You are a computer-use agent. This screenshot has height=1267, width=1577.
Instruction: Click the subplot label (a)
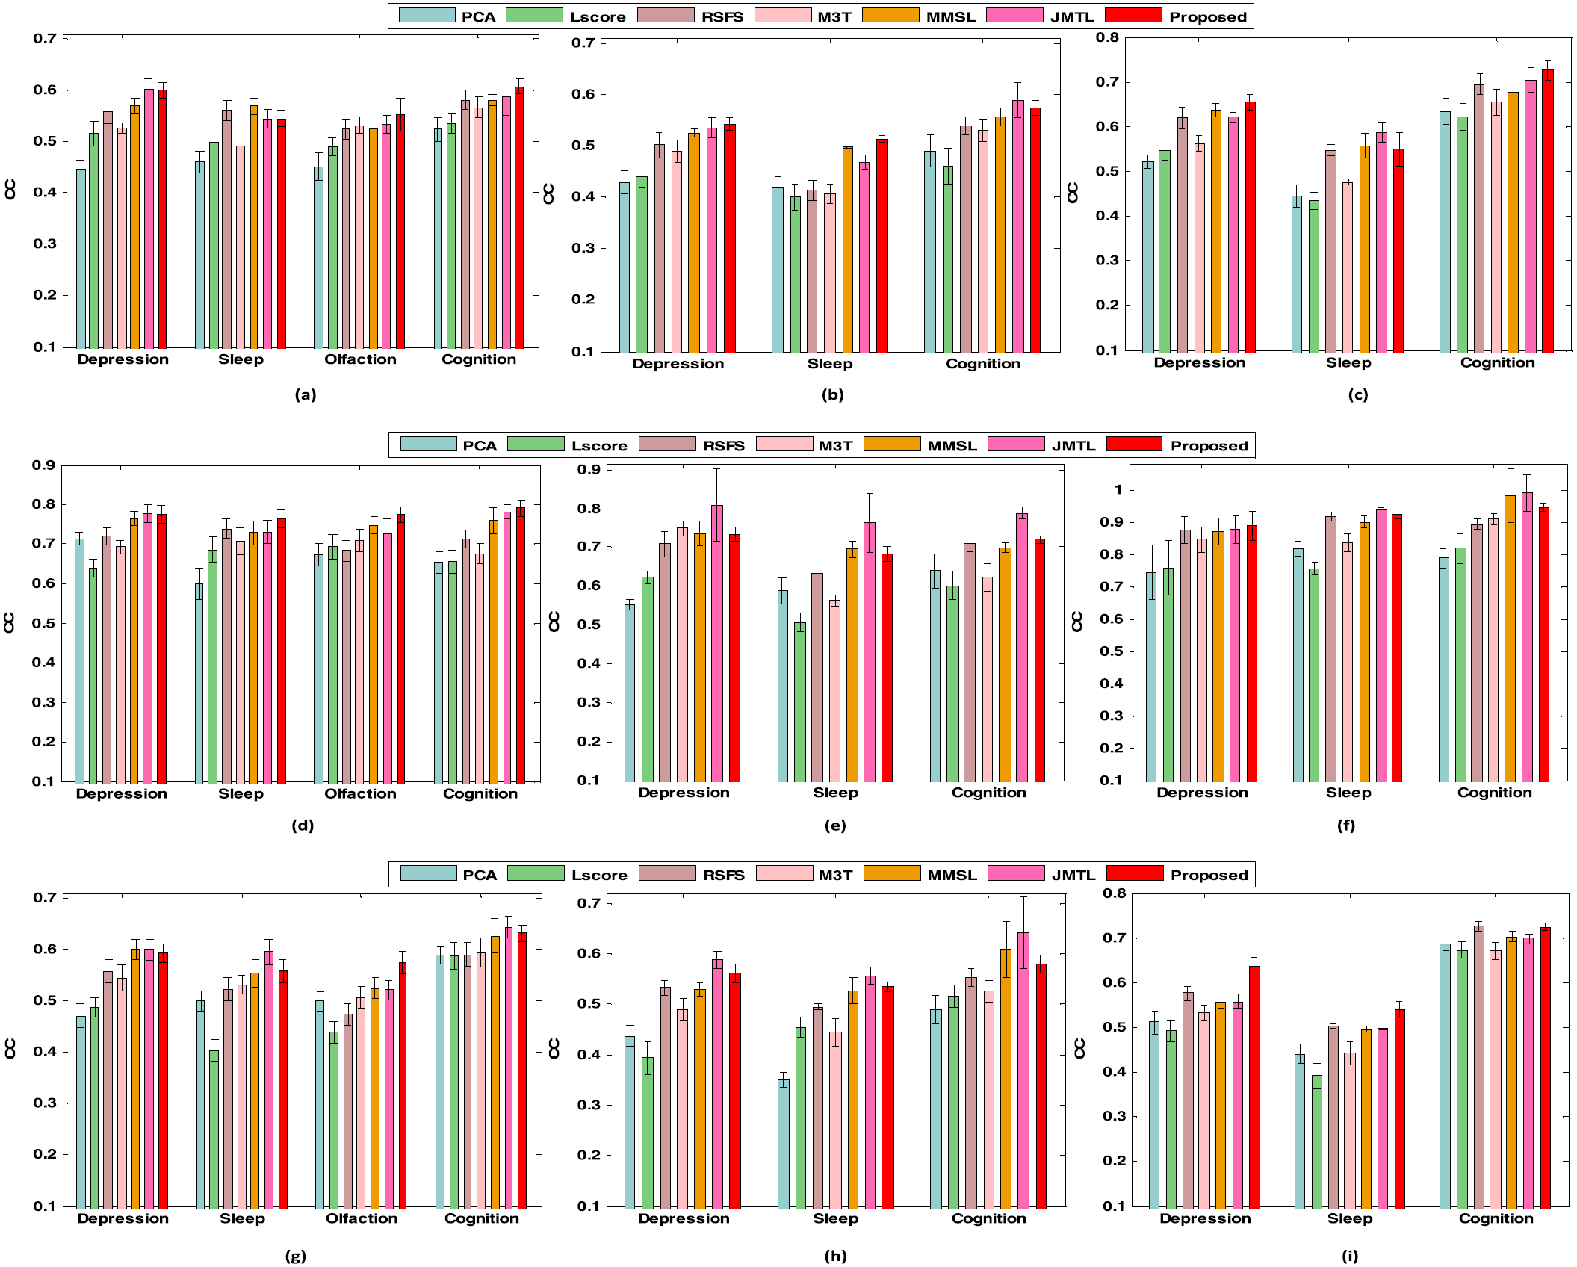click(x=306, y=394)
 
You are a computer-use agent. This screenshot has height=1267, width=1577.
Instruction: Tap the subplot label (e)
click(x=834, y=825)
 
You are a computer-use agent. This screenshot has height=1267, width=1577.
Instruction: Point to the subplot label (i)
click(x=1349, y=1256)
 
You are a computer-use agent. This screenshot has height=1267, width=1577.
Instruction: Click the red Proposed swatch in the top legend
click(x=1133, y=16)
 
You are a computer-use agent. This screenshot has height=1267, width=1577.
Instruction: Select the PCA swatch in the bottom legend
click(x=428, y=873)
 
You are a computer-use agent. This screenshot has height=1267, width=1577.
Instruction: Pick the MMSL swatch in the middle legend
click(x=891, y=444)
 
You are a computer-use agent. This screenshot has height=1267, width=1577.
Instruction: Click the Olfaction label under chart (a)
click(x=360, y=359)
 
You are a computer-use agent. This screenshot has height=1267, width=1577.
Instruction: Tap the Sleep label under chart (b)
click(x=829, y=364)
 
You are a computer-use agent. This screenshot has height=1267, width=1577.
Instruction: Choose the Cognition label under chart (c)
click(x=1497, y=362)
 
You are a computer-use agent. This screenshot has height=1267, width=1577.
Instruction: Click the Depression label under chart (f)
click(x=1202, y=793)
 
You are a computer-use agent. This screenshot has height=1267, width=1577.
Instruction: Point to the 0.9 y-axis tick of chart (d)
click(x=43, y=465)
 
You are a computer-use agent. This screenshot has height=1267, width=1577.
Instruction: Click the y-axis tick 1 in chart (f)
click(x=1118, y=490)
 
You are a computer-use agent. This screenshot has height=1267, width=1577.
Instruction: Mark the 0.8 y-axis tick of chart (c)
click(x=1107, y=37)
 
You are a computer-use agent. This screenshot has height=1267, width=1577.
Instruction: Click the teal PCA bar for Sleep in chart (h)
click(x=783, y=1143)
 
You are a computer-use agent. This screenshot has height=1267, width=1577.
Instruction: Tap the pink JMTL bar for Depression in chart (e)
click(x=716, y=642)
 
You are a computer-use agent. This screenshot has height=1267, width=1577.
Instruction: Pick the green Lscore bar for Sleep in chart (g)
click(x=214, y=1129)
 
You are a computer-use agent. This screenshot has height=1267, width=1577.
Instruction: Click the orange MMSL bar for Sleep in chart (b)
click(x=847, y=250)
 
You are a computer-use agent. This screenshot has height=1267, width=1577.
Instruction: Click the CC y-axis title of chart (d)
click(x=10, y=622)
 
